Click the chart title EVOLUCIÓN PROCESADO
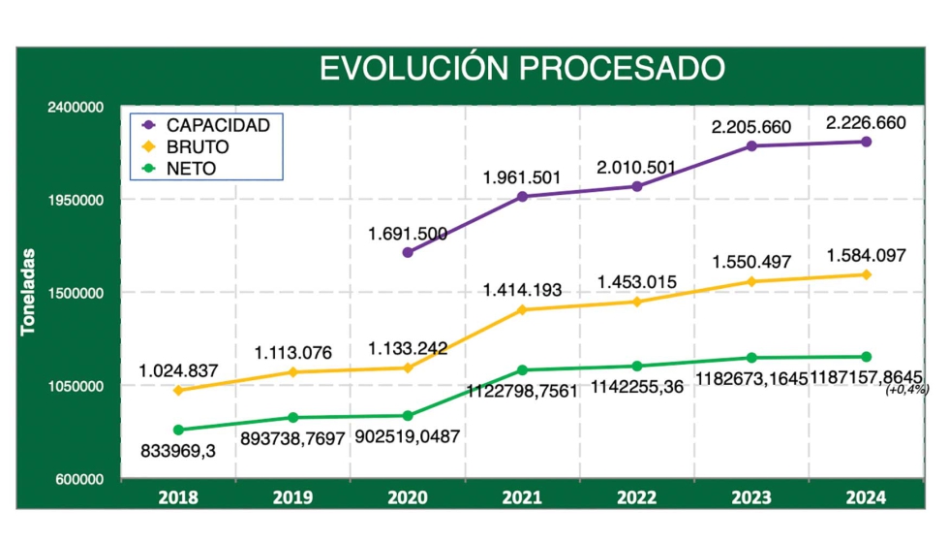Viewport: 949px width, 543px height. coord(522,68)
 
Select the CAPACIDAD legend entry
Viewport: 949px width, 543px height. coord(217,125)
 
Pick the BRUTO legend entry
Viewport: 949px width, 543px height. coord(198,147)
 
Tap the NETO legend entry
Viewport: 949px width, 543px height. coord(191,169)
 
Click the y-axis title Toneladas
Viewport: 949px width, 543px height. coord(29,292)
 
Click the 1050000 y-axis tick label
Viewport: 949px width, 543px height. coord(75,387)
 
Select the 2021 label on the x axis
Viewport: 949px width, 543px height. coord(522,498)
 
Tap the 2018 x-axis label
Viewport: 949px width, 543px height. coord(178,498)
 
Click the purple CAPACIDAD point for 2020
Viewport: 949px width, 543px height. coord(408,252)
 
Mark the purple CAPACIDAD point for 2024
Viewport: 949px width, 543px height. coord(866,142)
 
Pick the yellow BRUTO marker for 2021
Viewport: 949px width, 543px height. coord(522,310)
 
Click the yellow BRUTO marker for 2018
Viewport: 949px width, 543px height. coord(178,391)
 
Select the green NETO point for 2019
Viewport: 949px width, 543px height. coord(292,418)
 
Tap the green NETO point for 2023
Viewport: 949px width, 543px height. coord(751,358)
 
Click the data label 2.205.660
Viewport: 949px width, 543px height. coord(751,127)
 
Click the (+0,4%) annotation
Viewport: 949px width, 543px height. coord(907,390)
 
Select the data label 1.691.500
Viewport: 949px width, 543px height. coord(408,233)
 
